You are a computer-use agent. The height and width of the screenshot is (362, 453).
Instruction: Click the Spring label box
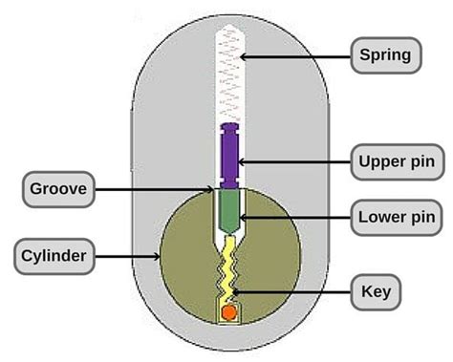point(385,55)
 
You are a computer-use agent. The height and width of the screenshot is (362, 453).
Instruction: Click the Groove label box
point(58,189)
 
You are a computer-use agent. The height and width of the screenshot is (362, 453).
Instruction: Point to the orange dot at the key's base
point(228,312)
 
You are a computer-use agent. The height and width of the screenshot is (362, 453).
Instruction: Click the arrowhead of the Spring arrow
point(242,56)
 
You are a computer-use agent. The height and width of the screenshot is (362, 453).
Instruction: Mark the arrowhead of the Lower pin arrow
point(240,219)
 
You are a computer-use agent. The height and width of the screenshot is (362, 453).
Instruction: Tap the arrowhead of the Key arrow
point(235,290)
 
